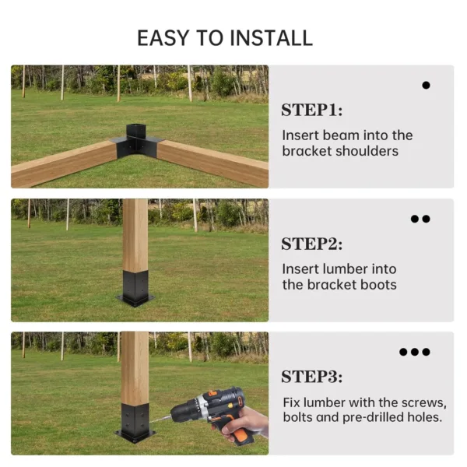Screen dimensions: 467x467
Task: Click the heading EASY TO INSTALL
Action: click(x=225, y=38)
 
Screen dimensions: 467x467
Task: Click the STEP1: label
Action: click(x=311, y=110)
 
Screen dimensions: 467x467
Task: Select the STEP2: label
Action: click(x=311, y=244)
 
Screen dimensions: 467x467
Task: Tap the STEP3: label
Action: click(x=311, y=377)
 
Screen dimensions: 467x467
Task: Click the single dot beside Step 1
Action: click(x=426, y=85)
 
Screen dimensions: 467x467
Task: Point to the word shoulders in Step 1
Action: click(x=374, y=151)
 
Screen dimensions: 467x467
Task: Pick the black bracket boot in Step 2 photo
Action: click(x=135, y=288)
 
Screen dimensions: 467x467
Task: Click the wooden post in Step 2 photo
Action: click(x=135, y=233)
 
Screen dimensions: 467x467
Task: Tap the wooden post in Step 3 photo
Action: click(x=135, y=366)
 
